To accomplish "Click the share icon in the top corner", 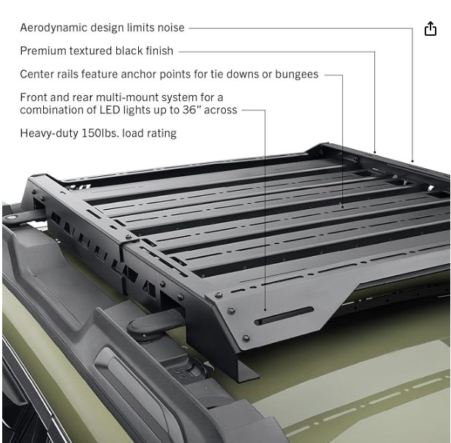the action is (431, 29).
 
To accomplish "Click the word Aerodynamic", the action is (53, 28).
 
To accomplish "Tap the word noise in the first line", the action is (171, 28).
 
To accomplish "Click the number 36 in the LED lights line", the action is (190, 110).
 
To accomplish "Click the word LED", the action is (110, 110).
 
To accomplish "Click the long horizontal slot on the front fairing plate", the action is (284, 316).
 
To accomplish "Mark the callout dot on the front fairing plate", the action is (265, 310).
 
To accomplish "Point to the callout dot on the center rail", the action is (342, 206).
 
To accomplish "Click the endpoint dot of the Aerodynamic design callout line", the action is (412, 161).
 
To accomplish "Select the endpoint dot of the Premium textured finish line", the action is (374, 152).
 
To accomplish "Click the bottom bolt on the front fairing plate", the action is (246, 337).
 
